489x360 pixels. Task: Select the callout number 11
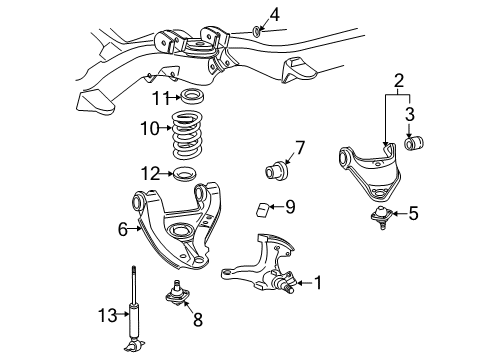156,96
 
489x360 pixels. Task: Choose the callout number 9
289,207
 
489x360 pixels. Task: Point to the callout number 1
319,283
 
